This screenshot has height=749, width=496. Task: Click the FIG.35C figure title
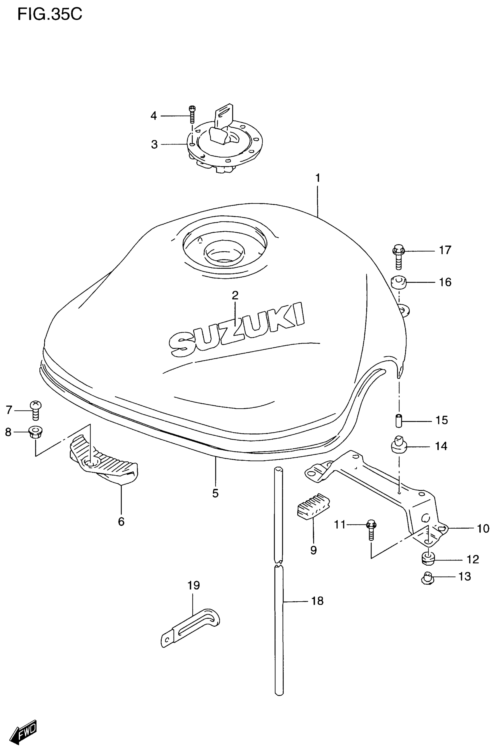[50, 14]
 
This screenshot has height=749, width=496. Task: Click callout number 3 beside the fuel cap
[154, 144]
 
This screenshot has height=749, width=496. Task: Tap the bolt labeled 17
[399, 256]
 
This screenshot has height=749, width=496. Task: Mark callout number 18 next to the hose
[318, 601]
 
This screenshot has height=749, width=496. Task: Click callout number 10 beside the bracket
[483, 528]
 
